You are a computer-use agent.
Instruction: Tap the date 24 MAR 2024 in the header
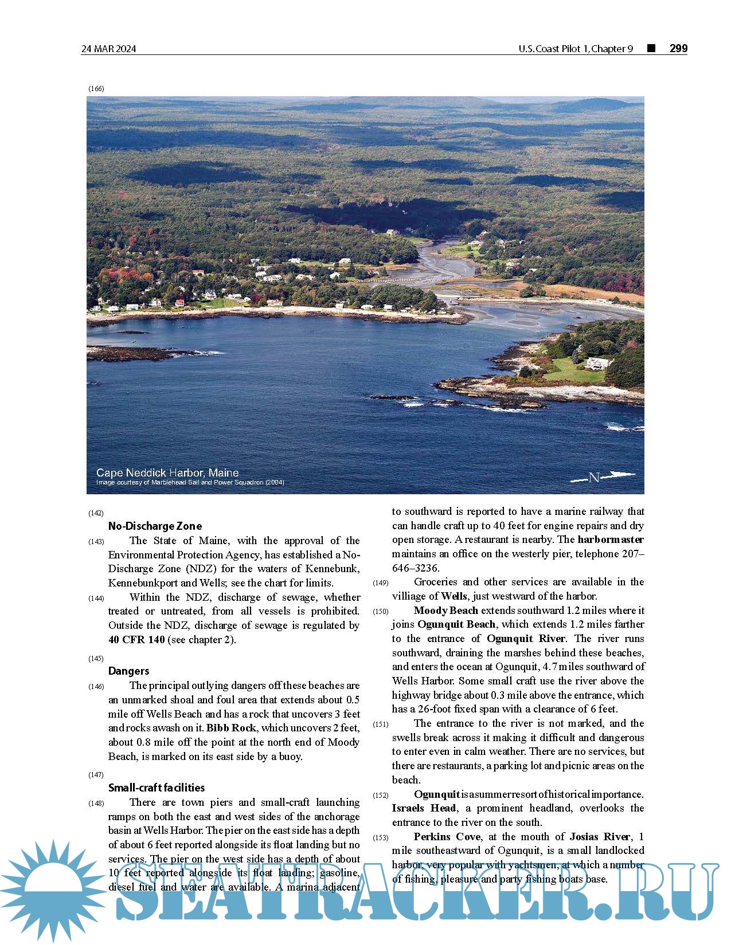coord(109,49)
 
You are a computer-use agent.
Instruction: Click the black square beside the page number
coord(651,48)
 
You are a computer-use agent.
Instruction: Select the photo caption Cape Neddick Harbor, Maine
coord(167,472)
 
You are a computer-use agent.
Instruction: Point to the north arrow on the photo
coord(603,477)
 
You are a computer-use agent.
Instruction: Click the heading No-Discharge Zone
coord(155,526)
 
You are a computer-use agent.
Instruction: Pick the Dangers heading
coord(128,671)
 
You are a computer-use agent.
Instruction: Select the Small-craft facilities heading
coord(156,787)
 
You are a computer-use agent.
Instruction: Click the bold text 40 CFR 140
coord(136,640)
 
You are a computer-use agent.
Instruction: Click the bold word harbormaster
coord(611,540)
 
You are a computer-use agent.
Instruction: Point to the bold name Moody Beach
coord(445,611)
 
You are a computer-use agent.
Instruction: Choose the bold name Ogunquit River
coord(526,639)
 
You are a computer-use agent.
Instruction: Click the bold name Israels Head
coord(424,808)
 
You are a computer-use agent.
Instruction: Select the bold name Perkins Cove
coord(447,837)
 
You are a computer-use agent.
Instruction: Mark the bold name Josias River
coord(600,837)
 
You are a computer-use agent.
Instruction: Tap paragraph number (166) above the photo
coord(96,89)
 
